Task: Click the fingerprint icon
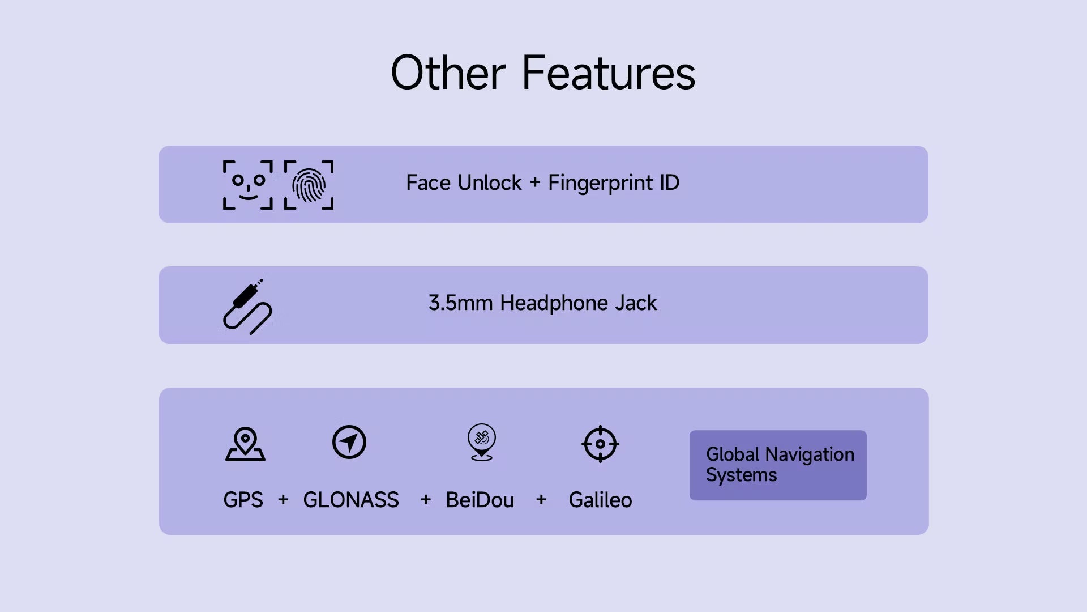tap(309, 185)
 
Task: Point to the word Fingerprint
tap(601, 184)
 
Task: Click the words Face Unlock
tap(464, 182)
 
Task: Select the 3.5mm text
tap(460, 303)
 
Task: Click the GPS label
tap(243, 500)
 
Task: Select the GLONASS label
tap(351, 500)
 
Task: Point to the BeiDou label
tap(480, 500)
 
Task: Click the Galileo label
tap(600, 500)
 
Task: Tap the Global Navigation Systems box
tap(778, 465)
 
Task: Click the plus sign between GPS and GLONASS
tap(283, 500)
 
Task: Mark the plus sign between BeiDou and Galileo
tap(541, 500)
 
